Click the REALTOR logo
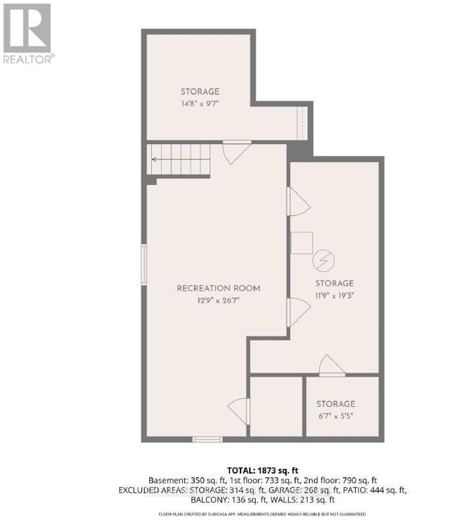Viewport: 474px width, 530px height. click(x=28, y=33)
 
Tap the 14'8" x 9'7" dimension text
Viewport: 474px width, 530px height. click(x=200, y=104)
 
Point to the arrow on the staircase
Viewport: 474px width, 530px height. click(x=156, y=159)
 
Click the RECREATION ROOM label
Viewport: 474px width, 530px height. click(x=218, y=288)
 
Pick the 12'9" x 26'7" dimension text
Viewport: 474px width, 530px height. click(x=218, y=301)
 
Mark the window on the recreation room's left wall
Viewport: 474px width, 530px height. click(x=144, y=264)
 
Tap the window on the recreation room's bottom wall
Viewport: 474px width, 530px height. click(x=207, y=439)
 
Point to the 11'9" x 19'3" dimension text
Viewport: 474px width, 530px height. click(x=335, y=296)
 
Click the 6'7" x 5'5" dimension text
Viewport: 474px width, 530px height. click(x=335, y=416)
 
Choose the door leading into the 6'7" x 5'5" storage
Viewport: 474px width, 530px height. click(x=331, y=366)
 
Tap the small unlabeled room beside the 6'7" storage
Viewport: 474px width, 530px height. click(x=276, y=406)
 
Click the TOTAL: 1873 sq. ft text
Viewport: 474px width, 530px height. click(x=262, y=470)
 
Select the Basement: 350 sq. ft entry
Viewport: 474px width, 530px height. click(x=178, y=481)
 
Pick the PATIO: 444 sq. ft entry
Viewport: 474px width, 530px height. click(x=377, y=490)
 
